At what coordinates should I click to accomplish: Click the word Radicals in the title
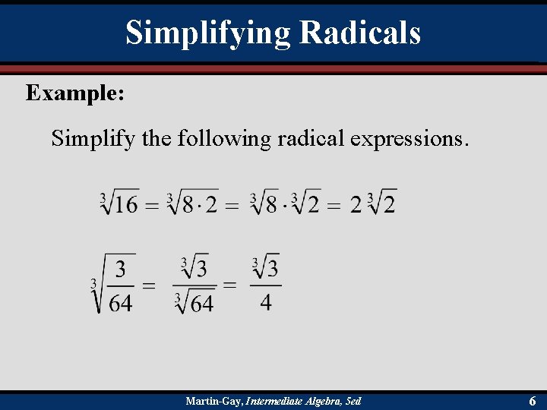(360, 33)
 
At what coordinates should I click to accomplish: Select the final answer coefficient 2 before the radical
(356, 205)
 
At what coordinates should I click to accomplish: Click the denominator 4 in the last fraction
(266, 302)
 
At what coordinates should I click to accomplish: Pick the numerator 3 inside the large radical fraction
(121, 270)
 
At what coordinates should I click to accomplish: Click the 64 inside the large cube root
(121, 303)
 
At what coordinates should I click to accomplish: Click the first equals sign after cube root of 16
(152, 204)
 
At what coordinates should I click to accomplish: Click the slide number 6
(533, 401)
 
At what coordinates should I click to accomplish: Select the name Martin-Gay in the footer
(214, 401)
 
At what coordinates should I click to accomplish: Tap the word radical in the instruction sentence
(305, 138)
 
